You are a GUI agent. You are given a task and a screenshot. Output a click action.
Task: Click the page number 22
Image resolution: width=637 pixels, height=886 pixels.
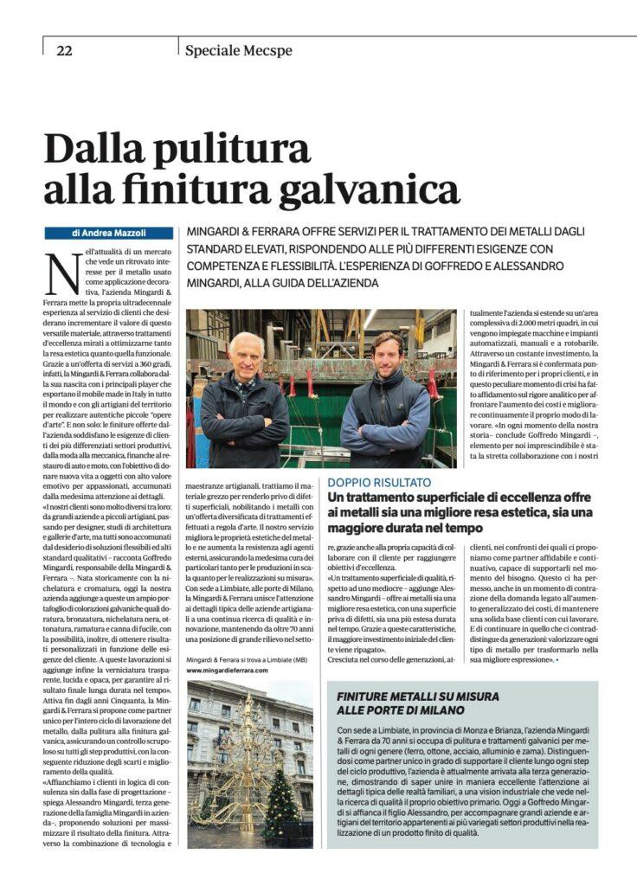coord(64,50)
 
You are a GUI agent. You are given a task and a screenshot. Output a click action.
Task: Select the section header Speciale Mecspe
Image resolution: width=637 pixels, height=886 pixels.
coord(238,50)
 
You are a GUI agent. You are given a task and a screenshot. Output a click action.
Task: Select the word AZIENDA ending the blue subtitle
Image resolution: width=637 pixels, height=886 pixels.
coord(351,282)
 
